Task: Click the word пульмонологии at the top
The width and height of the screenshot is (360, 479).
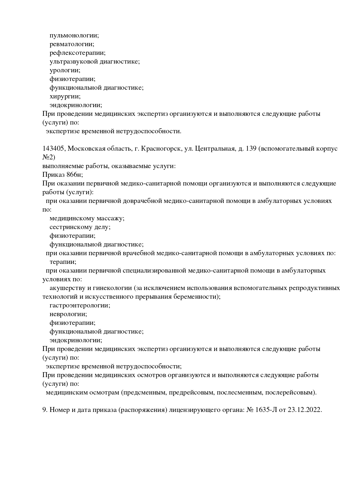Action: click(74, 35)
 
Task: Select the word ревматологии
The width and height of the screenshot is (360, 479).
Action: click(72, 44)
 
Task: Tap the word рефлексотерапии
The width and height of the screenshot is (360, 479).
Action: click(77, 53)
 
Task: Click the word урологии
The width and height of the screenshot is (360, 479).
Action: click(65, 70)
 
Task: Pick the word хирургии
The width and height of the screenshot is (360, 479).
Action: click(65, 96)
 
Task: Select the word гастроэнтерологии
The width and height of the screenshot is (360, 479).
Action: click(80, 305)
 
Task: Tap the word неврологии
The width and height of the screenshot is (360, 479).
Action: click(68, 314)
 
